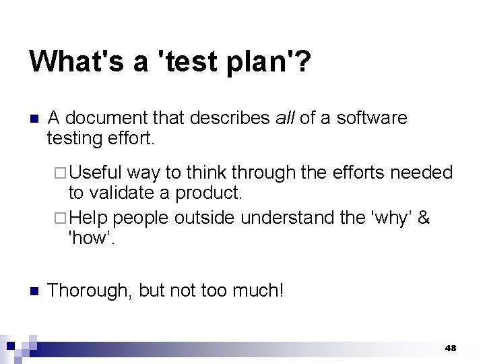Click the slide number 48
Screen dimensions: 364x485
tap(451, 348)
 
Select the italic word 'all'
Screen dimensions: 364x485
tap(286, 118)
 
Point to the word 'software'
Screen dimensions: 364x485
tap(372, 118)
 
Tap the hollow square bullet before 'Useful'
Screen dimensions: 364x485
tap(61, 173)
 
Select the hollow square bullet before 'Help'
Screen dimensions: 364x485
tap(61, 218)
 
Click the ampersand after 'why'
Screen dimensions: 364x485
tap(424, 218)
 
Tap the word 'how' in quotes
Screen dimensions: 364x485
tap(90, 238)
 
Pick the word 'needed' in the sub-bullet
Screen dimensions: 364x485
tap(422, 173)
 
